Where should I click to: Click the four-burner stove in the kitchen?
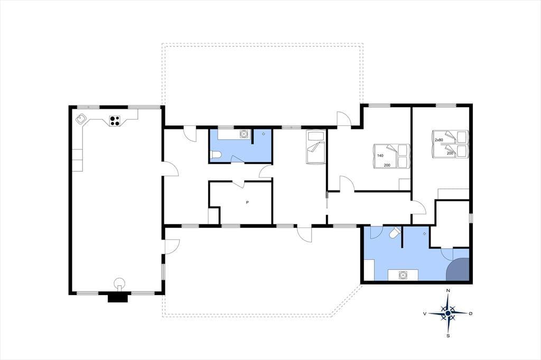click(x=115, y=121)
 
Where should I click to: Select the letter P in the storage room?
click(x=247, y=202)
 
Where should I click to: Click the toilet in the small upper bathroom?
click(x=216, y=155)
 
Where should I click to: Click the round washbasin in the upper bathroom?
click(x=244, y=134)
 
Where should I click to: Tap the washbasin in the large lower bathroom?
click(x=403, y=275)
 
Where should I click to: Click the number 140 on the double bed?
click(x=380, y=156)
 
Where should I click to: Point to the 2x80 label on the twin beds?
click(x=439, y=140)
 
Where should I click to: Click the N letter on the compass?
click(x=448, y=291)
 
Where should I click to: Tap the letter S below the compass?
click(x=448, y=336)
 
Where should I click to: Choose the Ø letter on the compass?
click(x=470, y=314)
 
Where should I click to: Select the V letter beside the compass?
click(x=425, y=314)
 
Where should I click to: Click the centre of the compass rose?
click(x=448, y=313)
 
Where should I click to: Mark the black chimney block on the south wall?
click(x=118, y=297)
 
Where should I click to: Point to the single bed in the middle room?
click(x=316, y=147)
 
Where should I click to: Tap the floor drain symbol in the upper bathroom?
click(x=264, y=134)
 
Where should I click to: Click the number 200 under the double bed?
click(x=387, y=166)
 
